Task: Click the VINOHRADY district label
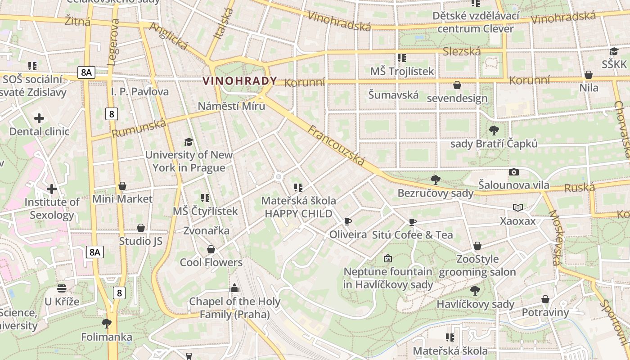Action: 239,81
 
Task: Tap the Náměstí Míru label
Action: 231,106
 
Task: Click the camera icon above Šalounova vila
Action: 513,172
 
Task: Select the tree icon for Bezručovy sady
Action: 435,180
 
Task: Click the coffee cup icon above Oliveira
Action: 347,221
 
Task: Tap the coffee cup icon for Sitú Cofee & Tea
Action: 412,222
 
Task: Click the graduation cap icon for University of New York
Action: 189,142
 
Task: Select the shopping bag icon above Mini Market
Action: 122,186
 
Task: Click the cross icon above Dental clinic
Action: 39,118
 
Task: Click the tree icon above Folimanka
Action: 107,323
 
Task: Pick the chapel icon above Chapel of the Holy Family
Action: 234,288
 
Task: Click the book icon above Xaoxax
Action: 518,207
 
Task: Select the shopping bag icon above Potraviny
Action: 545,299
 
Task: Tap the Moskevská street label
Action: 556,237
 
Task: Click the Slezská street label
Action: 462,51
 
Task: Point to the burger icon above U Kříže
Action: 62,288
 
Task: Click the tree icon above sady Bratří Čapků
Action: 494,130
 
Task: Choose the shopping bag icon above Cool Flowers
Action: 211,249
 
